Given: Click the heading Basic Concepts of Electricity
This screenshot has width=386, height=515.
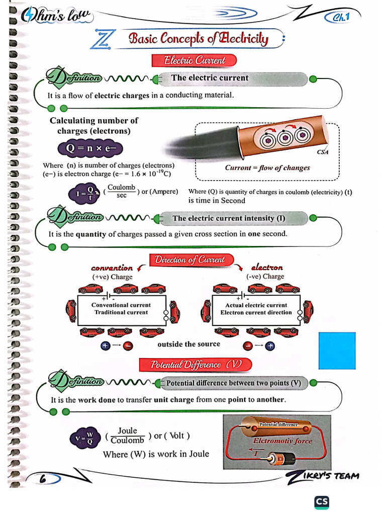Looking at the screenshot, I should (x=198, y=39).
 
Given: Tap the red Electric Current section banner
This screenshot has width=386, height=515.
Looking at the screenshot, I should (x=195, y=60).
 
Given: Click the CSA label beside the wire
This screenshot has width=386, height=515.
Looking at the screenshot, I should (x=323, y=152).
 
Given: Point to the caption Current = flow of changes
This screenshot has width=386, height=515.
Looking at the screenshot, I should (x=267, y=168).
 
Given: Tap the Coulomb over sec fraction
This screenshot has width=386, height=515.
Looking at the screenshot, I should (x=122, y=191).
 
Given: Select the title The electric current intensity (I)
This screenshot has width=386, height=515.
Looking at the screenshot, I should (x=229, y=218).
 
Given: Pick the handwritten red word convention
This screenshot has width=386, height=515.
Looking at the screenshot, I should (x=112, y=268).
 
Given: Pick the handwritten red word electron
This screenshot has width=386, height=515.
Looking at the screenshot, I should (x=267, y=268).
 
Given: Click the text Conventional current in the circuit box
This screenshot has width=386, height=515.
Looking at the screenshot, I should (x=121, y=305).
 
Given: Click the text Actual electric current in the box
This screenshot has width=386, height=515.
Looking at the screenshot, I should (x=256, y=305).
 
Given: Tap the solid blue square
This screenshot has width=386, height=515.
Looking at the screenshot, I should (x=337, y=351).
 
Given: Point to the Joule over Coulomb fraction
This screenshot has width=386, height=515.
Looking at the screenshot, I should (x=127, y=436).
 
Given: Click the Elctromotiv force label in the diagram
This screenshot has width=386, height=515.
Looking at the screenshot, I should (x=282, y=441).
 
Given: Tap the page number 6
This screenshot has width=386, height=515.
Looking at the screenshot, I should (x=43, y=479).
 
